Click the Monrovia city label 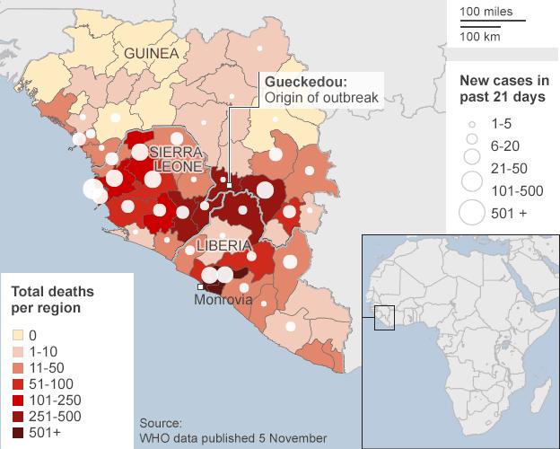click(x=223, y=300)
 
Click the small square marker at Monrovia click(x=201, y=286)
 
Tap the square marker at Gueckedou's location click(x=230, y=186)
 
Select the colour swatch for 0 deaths click(x=17, y=335)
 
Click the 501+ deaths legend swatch click(x=17, y=432)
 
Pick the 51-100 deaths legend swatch click(x=17, y=383)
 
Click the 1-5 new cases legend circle click(x=471, y=127)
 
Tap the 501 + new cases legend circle click(x=471, y=213)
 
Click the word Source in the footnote click(x=161, y=422)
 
